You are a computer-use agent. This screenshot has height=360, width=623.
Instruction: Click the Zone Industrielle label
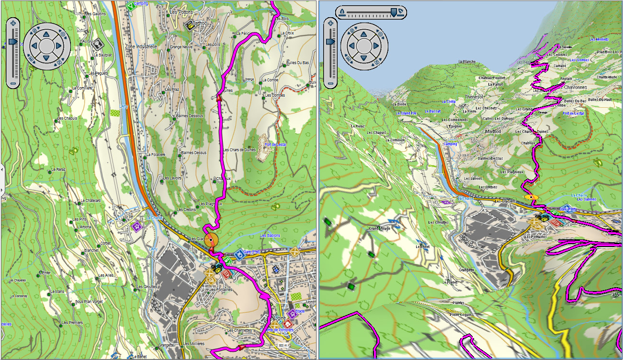point(141,46)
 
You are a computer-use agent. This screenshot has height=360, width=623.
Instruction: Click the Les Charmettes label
point(239,330)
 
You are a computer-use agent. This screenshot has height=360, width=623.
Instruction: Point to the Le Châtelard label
point(91,200)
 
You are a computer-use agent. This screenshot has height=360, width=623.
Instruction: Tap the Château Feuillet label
point(492,78)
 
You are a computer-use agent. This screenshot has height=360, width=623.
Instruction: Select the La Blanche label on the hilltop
point(466,62)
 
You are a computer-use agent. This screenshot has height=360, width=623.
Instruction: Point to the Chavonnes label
point(575,88)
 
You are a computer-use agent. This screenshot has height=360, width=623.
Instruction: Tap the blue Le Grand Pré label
point(406,113)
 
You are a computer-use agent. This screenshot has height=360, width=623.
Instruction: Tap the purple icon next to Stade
point(291,314)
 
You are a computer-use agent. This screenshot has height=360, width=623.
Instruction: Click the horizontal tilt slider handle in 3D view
point(394,12)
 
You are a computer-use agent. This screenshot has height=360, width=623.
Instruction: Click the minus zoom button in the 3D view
point(330,82)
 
